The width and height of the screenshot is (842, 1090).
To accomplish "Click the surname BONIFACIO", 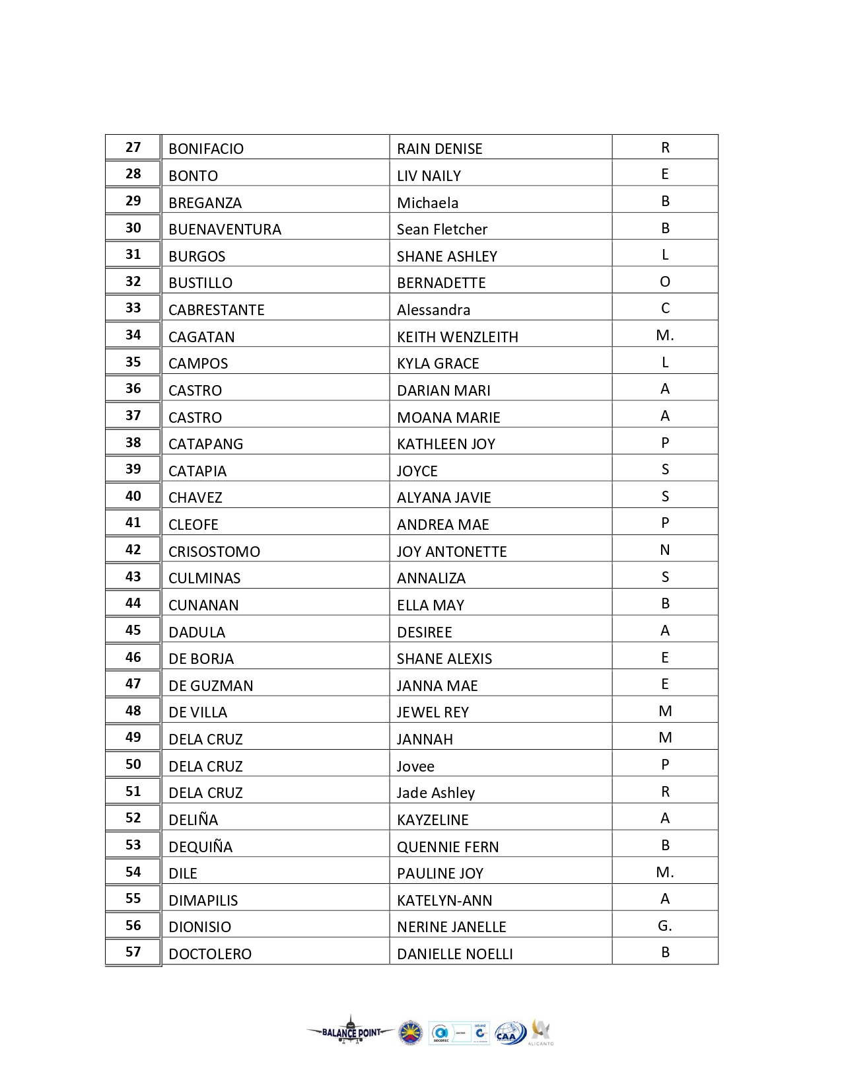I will tap(206, 149).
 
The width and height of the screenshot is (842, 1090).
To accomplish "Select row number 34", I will tap(133, 335).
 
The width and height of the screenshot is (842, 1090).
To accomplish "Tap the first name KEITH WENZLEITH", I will tap(457, 337).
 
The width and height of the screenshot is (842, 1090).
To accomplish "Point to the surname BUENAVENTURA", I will tap(225, 229).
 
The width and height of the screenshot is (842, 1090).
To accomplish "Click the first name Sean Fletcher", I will tap(442, 229).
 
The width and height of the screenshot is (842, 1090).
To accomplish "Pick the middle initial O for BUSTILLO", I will tap(664, 282).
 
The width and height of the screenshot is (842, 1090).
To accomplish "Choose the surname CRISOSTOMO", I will tap(214, 552).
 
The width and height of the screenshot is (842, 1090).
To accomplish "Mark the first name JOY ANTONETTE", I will tap(452, 552).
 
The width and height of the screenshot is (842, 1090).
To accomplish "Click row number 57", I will tap(133, 952).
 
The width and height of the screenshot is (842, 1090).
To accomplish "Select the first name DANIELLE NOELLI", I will tap(454, 954).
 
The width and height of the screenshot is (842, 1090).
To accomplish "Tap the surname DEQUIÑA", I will tap(200, 846).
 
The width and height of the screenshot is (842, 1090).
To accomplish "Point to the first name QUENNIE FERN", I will tap(447, 847).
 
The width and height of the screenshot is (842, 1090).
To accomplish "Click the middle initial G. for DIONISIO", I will tap(664, 926).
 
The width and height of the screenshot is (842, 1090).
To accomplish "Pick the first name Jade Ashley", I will tap(435, 793).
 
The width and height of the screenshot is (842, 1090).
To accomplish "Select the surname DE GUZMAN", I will tap(211, 686).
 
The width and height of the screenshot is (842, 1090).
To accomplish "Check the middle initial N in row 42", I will tap(664, 550).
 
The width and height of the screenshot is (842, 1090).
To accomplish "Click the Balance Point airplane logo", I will tap(350, 1032).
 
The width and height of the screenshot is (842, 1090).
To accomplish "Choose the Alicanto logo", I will tap(541, 1033).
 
